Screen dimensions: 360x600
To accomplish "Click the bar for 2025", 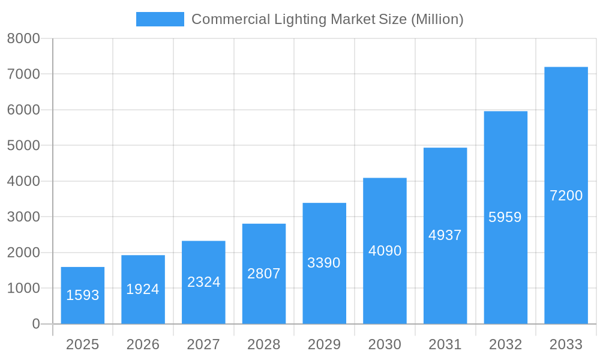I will click(x=83, y=295).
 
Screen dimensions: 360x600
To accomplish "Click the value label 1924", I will click(x=143, y=289).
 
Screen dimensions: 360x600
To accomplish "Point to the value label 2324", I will click(x=203, y=282).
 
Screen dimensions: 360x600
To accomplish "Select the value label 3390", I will click(x=324, y=263).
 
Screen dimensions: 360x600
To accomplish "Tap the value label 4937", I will click(x=445, y=235).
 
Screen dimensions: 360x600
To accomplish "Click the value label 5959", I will click(x=505, y=217).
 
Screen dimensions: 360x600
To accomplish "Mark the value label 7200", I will click(x=566, y=196).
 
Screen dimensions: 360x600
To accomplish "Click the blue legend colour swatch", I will click(x=160, y=19).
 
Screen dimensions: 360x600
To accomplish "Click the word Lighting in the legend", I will click(x=300, y=19).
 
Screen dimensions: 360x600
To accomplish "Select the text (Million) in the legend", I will click(x=437, y=19).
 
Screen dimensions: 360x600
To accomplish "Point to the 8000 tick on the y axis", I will click(x=23, y=38).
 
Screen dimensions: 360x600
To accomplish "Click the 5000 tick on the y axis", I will click(x=23, y=146).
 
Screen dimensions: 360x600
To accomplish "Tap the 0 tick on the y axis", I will click(x=35, y=324).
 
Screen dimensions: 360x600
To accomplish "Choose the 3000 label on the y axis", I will click(x=23, y=217).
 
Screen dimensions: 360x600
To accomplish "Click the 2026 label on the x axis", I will click(x=143, y=344).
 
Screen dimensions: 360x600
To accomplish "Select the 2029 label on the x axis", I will click(x=324, y=344).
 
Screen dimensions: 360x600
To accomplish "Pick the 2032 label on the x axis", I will click(x=505, y=344).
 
